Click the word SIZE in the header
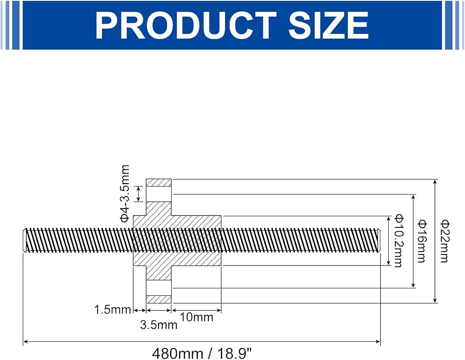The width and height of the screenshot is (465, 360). pos(329,25)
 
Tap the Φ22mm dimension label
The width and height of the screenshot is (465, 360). pos(444,241)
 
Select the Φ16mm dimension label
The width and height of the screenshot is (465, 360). pos(422,241)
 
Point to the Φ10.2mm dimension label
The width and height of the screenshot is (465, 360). pos(399,241)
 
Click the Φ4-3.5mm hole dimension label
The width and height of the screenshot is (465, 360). pos(125,193)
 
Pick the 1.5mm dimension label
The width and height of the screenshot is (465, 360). pos(113,310)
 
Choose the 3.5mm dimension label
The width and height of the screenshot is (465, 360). pos(159,325)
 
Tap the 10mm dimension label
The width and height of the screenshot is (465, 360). pos(197,317)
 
